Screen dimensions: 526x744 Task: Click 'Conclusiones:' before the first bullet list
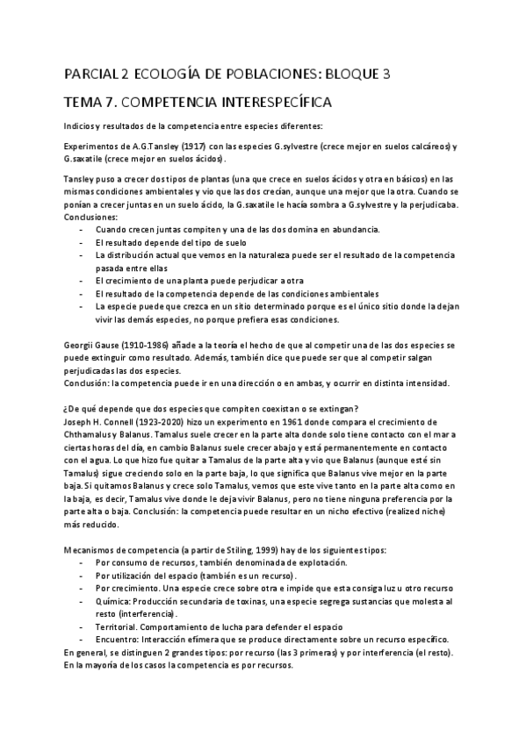tap(92, 217)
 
